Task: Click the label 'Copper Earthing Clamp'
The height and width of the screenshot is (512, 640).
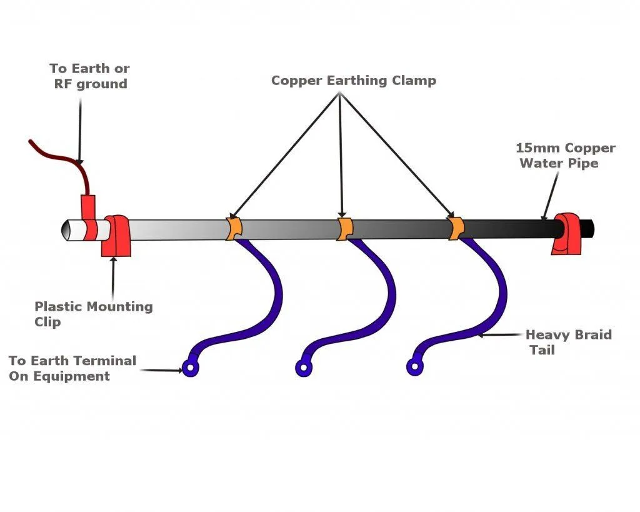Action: click(353, 81)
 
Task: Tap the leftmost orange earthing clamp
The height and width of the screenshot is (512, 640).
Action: click(233, 228)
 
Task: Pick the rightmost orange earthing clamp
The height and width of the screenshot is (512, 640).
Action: click(455, 228)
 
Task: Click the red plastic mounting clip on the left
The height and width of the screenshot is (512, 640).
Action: click(116, 236)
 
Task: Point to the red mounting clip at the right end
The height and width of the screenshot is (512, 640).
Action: click(567, 234)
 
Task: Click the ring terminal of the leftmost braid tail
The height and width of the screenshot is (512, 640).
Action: click(190, 369)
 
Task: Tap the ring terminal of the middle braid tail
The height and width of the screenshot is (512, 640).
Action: click(304, 368)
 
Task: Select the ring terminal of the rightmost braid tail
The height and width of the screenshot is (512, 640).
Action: click(414, 368)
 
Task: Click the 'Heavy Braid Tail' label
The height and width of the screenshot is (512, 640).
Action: click(567, 342)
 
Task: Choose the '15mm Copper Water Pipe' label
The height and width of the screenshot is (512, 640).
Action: click(564, 156)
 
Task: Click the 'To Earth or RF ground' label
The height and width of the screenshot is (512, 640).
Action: click(90, 76)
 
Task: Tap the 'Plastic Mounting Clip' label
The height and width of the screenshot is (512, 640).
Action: click(92, 314)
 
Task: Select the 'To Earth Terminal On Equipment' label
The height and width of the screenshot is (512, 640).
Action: click(72, 368)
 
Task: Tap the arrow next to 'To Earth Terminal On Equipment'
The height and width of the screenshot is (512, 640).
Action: click(161, 370)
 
